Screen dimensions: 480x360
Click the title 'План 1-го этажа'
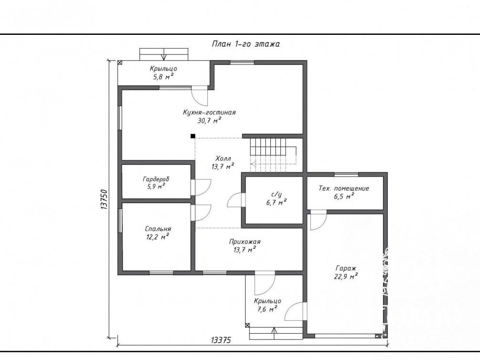pyautogui.click(x=246, y=44)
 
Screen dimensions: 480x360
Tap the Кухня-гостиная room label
pyautogui.click(x=209, y=112)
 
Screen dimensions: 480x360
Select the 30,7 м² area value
pyautogui.click(x=209, y=120)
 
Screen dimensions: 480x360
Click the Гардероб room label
pyautogui.click(x=156, y=179)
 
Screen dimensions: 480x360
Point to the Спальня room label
pyautogui.click(x=158, y=229)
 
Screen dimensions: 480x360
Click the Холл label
pyautogui.click(x=223, y=159)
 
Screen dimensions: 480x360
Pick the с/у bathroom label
pyautogui.click(x=277, y=194)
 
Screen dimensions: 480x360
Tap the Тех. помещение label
pyautogui.click(x=344, y=189)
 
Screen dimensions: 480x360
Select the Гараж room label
pyautogui.click(x=346, y=268)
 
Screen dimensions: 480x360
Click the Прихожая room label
pyautogui.click(x=245, y=242)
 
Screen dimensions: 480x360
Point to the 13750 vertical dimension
pyautogui.click(x=104, y=200)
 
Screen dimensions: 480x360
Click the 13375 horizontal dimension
pyautogui.click(x=221, y=340)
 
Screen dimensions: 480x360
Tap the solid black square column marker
pyautogui.click(x=193, y=136)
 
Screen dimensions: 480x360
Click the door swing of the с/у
pyautogui.click(x=234, y=201)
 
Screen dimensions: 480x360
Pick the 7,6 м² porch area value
pyautogui.click(x=267, y=309)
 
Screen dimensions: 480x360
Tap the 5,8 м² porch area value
pyautogui.click(x=163, y=76)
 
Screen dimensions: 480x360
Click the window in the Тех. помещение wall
pyautogui.click(x=346, y=174)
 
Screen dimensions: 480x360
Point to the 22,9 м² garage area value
pyautogui.click(x=346, y=276)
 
